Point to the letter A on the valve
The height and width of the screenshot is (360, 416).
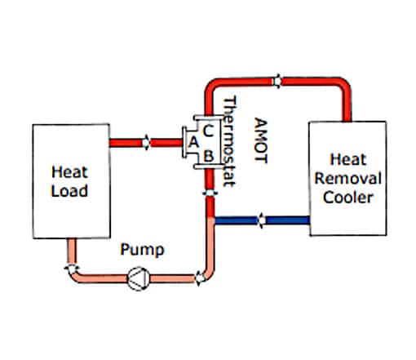(193, 141)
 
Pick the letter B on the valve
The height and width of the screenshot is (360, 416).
(209, 153)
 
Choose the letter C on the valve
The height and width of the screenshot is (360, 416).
(209, 128)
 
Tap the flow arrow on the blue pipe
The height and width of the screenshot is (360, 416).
(261, 220)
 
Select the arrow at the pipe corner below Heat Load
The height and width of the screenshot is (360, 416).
(73, 268)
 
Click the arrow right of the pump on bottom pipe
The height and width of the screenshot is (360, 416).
(198, 278)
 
